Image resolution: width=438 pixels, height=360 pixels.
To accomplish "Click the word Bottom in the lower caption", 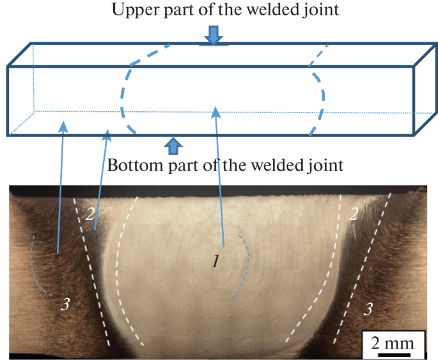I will tap(133, 165).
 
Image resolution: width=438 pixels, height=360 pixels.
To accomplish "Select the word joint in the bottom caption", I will tap(324, 165).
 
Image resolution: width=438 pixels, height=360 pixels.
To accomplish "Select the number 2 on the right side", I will tap(353, 214).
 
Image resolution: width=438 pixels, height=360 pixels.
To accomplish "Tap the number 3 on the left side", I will tap(65, 304).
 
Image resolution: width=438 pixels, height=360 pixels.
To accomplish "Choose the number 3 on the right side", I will tap(368, 309).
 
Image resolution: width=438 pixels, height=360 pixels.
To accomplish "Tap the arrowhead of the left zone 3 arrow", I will tap(63, 126).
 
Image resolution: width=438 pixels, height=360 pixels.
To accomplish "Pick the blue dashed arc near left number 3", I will tap(36, 269).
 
